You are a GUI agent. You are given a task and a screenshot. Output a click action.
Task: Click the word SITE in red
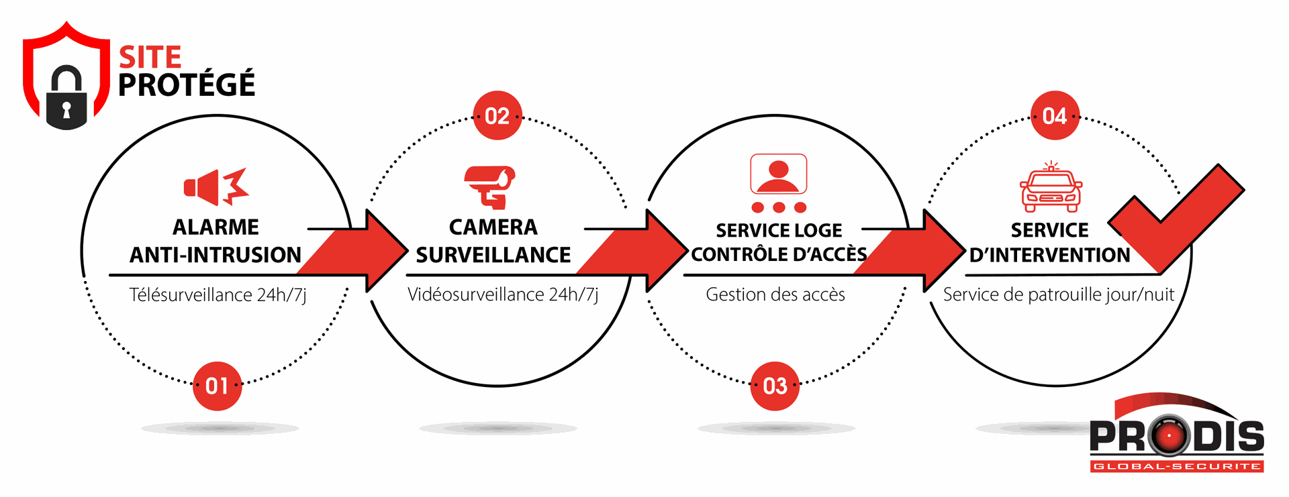tap(150, 58)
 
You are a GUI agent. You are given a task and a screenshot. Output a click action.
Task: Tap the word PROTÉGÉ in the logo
tap(187, 85)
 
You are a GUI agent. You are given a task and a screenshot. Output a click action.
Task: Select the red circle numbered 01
tap(217, 386)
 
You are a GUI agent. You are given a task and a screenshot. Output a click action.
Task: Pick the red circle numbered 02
tap(497, 115)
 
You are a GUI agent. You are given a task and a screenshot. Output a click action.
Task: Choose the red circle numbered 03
tap(775, 386)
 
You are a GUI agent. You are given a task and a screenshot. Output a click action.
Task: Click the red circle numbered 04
tap(1055, 115)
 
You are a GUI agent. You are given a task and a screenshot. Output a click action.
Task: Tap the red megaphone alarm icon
tap(216, 186)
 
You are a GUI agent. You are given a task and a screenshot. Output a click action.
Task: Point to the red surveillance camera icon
tap(490, 187)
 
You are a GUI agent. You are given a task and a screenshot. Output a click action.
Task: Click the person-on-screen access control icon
tap(779, 183)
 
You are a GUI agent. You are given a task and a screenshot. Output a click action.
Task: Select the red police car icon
tap(1051, 187)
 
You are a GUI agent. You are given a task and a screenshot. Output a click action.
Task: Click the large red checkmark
tap(1176, 218)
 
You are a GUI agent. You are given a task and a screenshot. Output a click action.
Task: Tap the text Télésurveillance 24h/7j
tap(218, 295)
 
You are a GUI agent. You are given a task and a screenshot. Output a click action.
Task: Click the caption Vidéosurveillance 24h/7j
tap(503, 294)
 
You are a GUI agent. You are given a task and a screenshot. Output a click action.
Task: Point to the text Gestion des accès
tap(775, 294)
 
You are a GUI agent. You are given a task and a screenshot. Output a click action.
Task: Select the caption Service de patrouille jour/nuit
tap(1059, 294)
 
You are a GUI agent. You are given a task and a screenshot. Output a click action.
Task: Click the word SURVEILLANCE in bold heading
tap(493, 255)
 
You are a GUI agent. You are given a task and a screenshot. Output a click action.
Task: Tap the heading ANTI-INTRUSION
tap(216, 255)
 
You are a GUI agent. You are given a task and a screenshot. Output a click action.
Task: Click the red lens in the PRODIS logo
tap(1169, 436)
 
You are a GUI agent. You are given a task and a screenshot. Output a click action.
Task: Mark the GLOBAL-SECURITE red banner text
tap(1177, 466)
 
